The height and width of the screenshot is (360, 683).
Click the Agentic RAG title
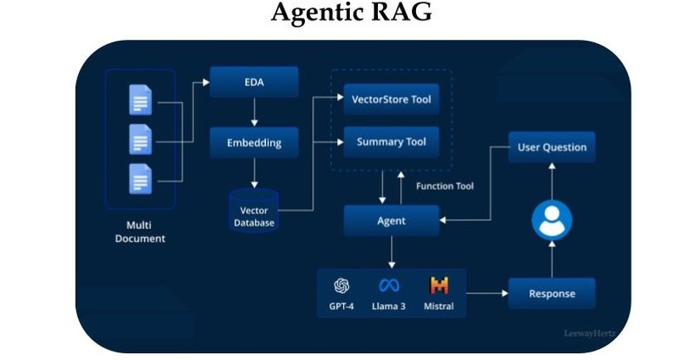[341, 14]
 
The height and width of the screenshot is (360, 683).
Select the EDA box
[254, 82]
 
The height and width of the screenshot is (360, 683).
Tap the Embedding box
[254, 141]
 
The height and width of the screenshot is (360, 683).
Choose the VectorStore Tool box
[391, 99]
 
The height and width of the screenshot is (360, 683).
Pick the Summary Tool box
[391, 141]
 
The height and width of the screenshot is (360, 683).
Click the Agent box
[391, 220]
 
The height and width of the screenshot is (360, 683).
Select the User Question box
[552, 147]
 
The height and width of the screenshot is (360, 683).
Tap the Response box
[552, 294]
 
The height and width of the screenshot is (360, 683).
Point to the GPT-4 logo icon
[342, 285]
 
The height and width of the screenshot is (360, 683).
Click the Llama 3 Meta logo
[389, 285]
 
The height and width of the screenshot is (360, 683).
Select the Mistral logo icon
[438, 285]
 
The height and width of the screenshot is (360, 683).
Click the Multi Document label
[140, 232]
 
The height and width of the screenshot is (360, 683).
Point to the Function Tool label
[445, 186]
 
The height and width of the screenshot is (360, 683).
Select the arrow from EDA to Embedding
[254, 112]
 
